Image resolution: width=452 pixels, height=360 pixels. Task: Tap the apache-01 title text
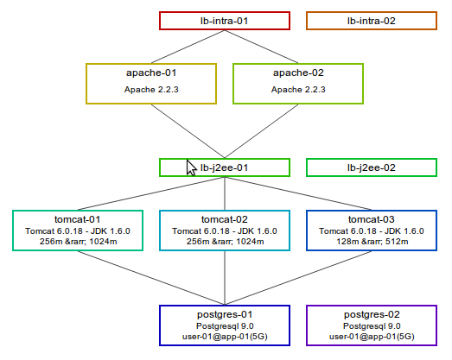coord(151,73)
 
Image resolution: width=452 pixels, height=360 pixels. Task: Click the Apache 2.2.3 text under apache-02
coord(298,90)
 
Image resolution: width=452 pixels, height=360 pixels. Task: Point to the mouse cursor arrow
coord(191,167)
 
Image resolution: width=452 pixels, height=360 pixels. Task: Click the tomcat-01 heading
coord(78,219)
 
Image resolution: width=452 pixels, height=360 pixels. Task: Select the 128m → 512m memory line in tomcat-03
coord(372,242)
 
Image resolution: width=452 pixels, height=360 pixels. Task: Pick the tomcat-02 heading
coord(225,219)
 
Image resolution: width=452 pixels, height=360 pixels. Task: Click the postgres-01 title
coord(225,314)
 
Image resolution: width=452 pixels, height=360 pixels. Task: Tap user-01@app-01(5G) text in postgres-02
coord(372,337)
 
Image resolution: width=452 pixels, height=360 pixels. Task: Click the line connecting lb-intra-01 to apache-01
coord(188,47)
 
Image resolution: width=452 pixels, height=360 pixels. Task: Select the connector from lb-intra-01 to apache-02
coord(262,47)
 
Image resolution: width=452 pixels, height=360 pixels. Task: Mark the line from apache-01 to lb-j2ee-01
coord(188,131)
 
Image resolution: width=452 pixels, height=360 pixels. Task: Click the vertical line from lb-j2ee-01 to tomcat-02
coord(225,193)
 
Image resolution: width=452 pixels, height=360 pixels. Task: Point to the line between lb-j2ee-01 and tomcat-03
coord(298,193)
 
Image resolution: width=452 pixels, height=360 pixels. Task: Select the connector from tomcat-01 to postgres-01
coord(151,278)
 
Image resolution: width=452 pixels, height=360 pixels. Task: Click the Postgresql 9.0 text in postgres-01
coord(225,326)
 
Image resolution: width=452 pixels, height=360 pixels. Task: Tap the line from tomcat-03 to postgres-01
coord(298,278)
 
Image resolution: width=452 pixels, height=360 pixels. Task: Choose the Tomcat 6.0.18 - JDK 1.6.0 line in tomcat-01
coord(78,231)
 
